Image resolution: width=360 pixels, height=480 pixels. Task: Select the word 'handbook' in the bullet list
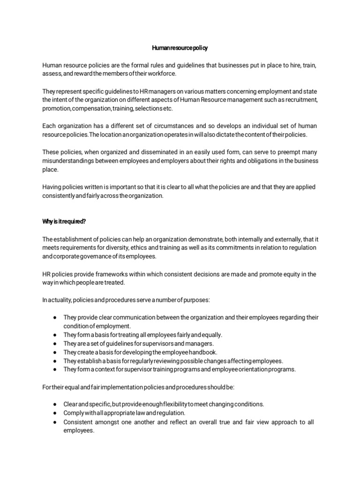coord(190,352)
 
